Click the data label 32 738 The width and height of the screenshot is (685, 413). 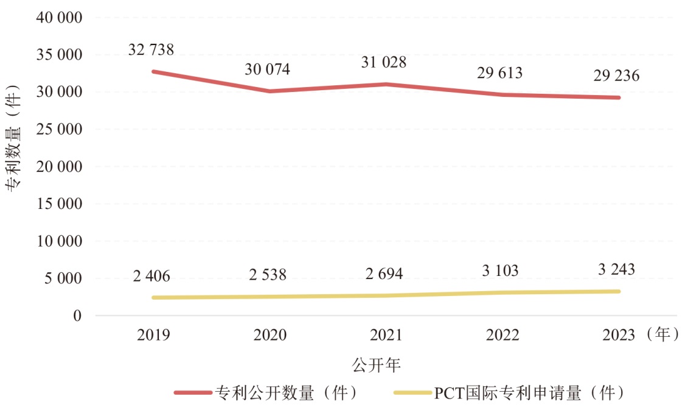point(151,50)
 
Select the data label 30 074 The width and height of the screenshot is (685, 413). point(267,69)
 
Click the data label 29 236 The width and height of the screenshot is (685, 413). point(616,76)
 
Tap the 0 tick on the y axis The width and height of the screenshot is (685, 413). point(77,316)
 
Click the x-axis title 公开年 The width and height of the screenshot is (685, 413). point(377,365)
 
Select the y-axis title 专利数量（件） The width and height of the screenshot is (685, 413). point(14,139)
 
